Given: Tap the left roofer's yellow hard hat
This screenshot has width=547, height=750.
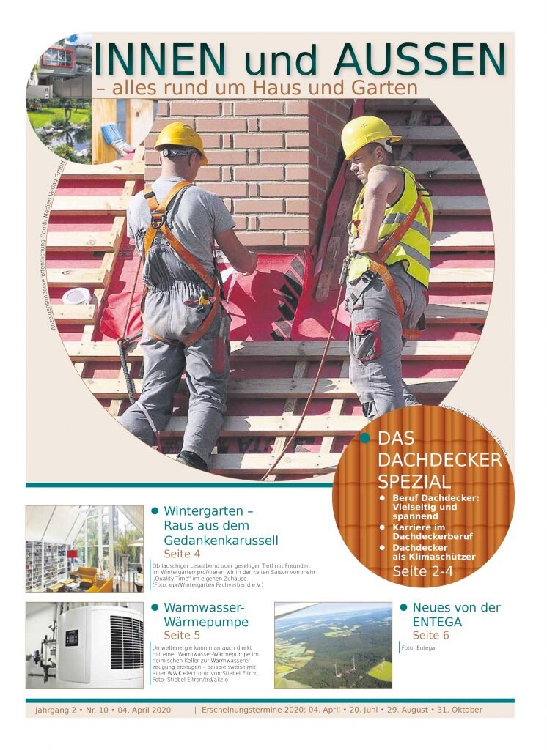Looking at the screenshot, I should click(180, 138).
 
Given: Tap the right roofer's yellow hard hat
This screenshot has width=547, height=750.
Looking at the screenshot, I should click(368, 134).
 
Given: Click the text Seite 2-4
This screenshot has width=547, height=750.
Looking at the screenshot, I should click(422, 571).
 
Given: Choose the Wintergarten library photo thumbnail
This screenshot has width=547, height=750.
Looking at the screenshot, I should click(84, 548).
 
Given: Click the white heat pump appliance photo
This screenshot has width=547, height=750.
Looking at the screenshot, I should click(84, 645).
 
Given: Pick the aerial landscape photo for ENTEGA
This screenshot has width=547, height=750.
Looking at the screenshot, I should click(333, 645).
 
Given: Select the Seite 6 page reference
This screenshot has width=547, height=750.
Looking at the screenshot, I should click(430, 635).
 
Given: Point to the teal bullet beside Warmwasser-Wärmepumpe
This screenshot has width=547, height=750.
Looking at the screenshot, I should click(155, 608).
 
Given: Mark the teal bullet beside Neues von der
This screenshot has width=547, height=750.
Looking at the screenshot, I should click(403, 608).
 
